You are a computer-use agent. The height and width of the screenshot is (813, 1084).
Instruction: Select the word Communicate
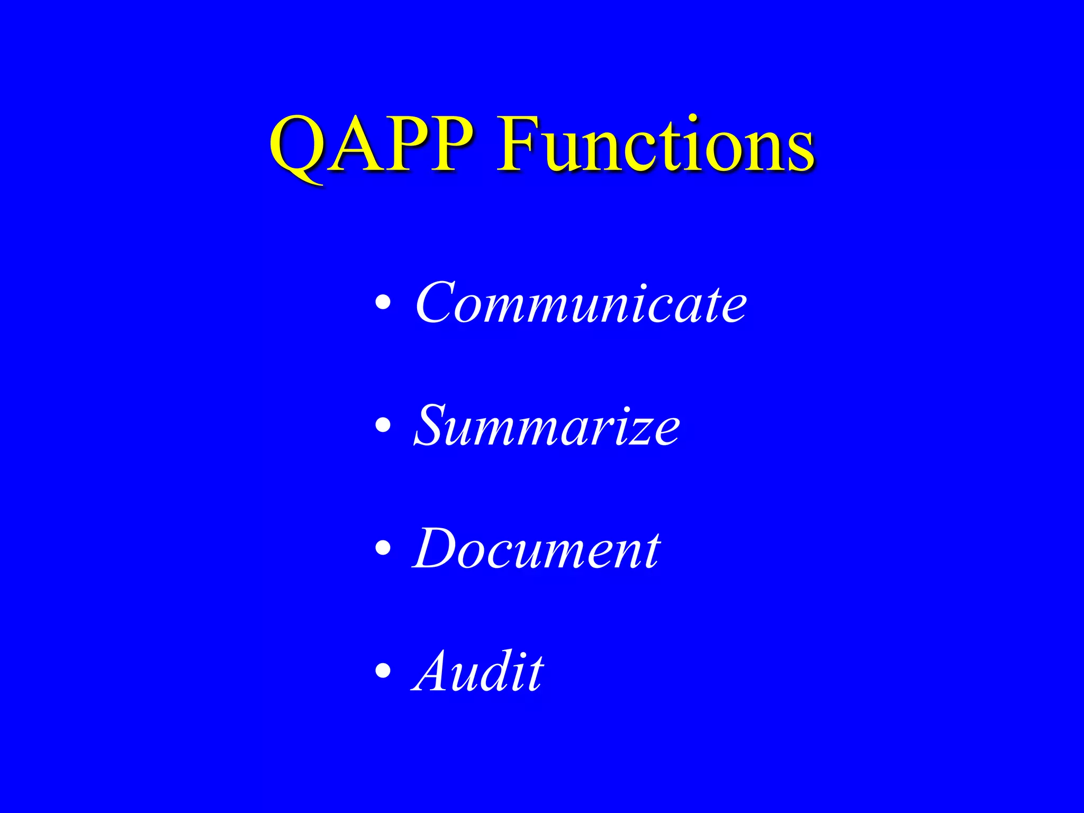581,303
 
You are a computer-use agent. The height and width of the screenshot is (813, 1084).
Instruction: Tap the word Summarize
546,426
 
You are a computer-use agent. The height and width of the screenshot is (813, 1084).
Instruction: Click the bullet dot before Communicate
383,303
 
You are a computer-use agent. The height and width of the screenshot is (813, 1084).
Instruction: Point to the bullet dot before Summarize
383,426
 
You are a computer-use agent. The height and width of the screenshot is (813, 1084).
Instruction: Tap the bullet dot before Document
383,548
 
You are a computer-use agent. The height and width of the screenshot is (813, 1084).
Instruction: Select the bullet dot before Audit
383,671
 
